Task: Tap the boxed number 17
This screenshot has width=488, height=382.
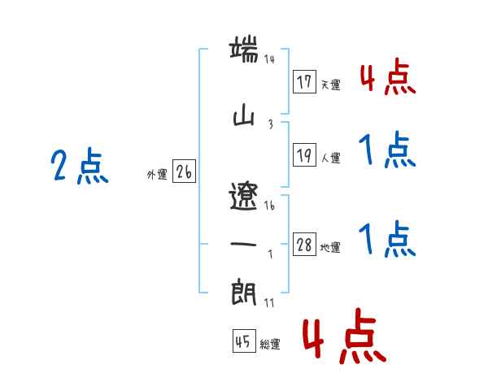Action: tap(305, 82)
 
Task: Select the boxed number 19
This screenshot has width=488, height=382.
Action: tap(305, 154)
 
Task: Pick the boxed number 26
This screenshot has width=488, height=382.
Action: tap(184, 172)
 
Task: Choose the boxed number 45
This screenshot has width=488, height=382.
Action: tap(243, 341)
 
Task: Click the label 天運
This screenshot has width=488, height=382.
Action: tap(330, 85)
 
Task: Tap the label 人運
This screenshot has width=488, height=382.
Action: tap(330, 157)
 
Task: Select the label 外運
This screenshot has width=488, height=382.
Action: tap(156, 175)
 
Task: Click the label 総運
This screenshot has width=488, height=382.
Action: tap(269, 345)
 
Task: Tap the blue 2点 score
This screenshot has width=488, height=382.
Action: tap(80, 167)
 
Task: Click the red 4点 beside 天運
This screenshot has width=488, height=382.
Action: tap(388, 79)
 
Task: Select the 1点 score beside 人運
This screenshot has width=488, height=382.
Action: tap(388, 150)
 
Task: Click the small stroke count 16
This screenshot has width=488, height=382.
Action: tap(269, 207)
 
